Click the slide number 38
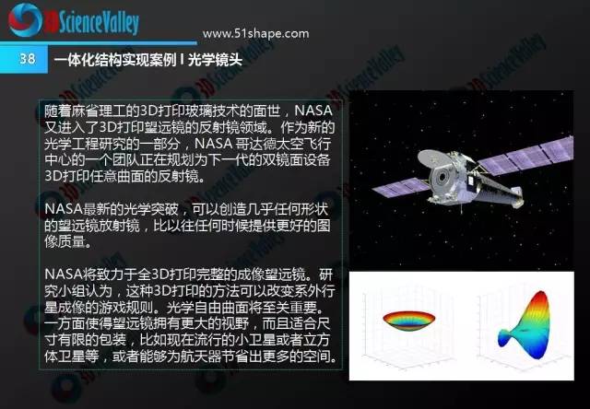28,59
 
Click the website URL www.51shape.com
256,34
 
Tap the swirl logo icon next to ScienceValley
25,20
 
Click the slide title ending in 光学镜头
147,59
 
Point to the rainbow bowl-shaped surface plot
409,321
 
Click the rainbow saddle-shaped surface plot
525,325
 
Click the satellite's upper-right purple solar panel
526,155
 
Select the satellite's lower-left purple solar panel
401,187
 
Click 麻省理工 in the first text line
99,111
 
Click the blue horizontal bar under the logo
99,43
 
